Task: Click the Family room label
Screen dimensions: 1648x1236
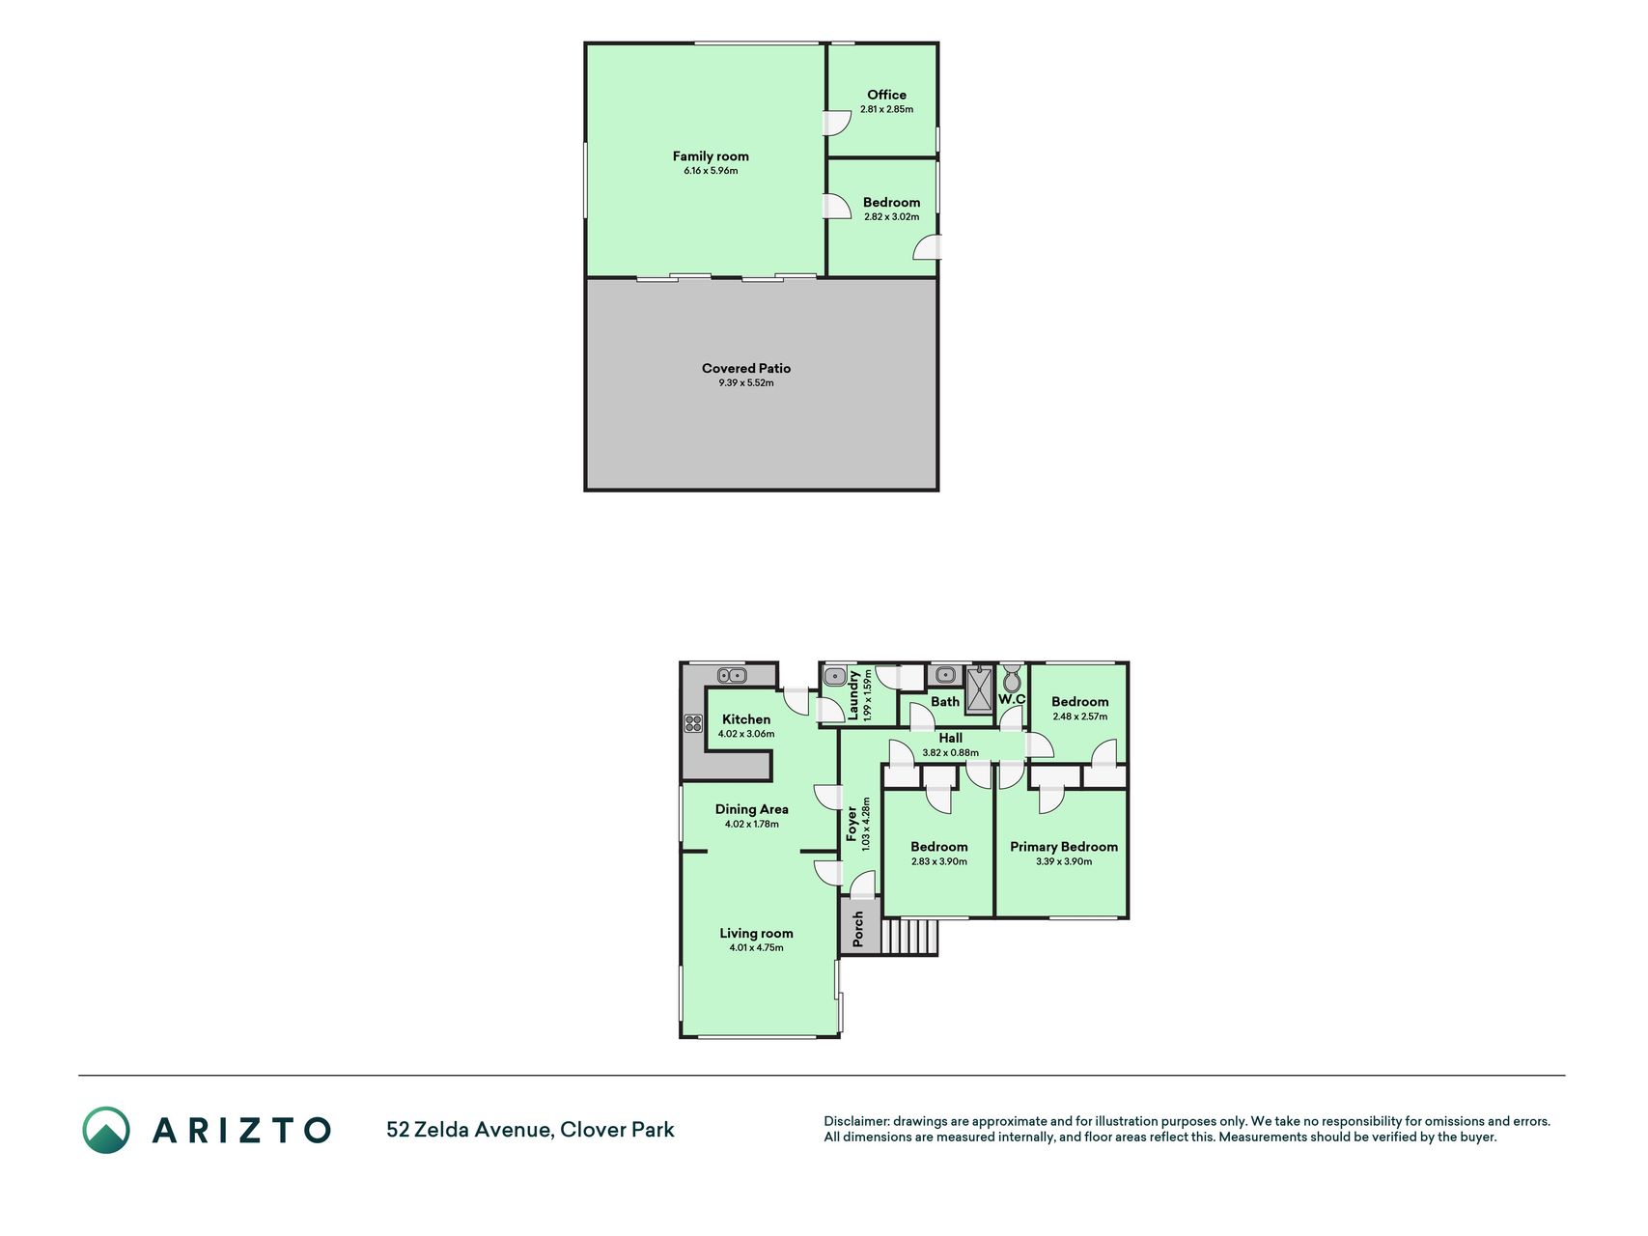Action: coord(711,155)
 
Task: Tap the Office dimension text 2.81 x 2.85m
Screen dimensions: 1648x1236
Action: coord(886,109)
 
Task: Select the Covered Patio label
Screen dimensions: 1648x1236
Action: coord(746,368)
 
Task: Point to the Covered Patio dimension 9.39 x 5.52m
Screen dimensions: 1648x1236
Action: coord(746,383)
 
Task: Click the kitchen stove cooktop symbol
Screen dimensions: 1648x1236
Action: coord(693,722)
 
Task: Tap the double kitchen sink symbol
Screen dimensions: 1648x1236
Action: coord(732,675)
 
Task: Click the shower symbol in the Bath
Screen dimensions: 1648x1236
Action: coord(979,688)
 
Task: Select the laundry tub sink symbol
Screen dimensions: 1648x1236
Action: coord(836,676)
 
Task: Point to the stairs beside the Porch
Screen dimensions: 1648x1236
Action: coord(908,936)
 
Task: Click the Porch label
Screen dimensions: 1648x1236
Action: coord(858,929)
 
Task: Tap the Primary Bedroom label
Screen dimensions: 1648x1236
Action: coord(1064,847)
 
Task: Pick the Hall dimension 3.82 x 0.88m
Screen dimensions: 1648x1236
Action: coord(950,753)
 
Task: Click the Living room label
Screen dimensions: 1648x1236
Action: coord(756,933)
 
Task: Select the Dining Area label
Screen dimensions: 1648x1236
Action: coord(751,809)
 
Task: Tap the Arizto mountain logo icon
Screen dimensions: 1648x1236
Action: coord(105,1130)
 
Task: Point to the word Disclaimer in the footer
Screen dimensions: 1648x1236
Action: coord(855,1121)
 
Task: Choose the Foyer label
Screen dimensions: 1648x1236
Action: coord(852,826)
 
